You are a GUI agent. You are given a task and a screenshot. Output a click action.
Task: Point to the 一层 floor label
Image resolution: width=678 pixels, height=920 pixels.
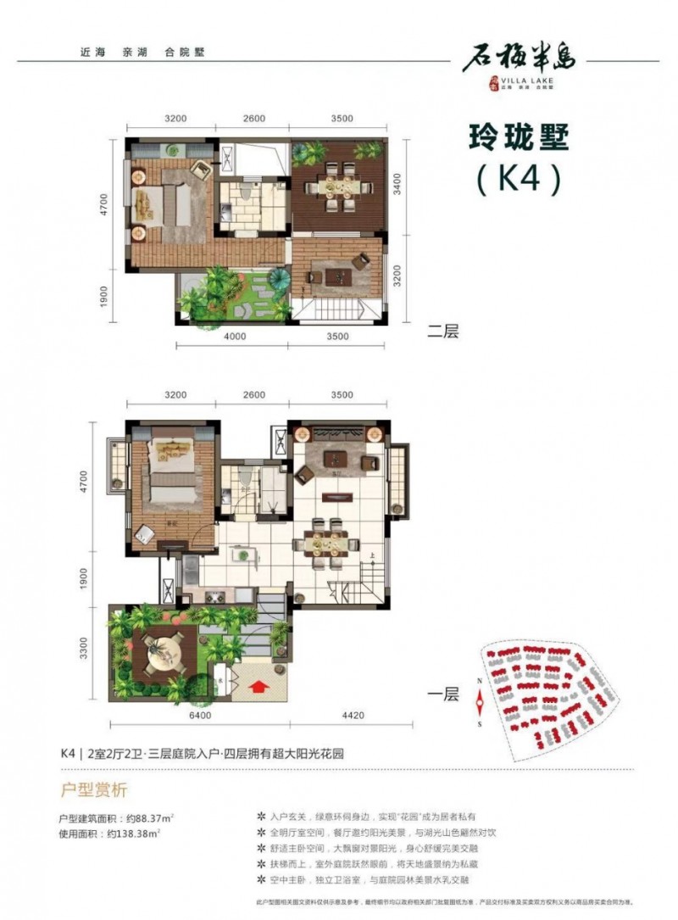pyautogui.click(x=442, y=694)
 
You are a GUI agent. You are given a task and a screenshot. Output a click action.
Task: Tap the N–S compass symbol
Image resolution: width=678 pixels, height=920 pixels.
pyautogui.click(x=481, y=700)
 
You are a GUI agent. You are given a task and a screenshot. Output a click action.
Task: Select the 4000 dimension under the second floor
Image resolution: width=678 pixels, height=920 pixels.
pyautogui.click(x=235, y=337)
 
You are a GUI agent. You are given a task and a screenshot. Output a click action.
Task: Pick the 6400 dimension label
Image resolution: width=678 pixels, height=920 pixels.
pyautogui.click(x=198, y=716)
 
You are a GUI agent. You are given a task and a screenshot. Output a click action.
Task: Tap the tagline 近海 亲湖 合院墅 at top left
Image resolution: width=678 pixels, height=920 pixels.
pyautogui.click(x=136, y=52)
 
